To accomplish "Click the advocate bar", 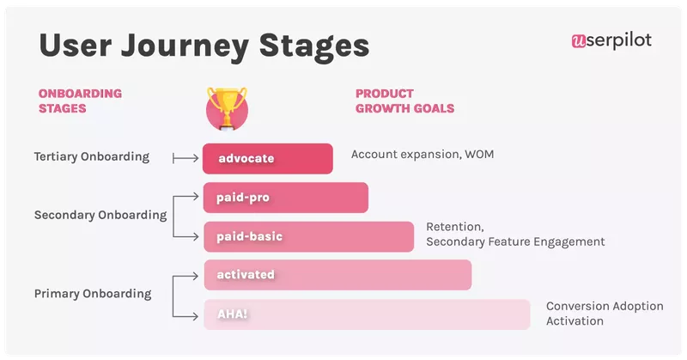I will (x=268, y=158).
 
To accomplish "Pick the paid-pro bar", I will (x=285, y=198).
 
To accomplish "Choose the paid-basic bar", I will (x=308, y=236).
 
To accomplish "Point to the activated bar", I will (x=337, y=275).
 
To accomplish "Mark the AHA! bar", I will (x=366, y=314).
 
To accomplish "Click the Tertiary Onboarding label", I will (x=91, y=157).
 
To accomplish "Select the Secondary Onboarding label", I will (x=100, y=216).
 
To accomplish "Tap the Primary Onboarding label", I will (x=92, y=294).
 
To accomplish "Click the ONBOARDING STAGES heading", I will (x=80, y=101).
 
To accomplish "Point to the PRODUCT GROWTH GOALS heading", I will (x=404, y=101).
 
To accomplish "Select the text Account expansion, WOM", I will (x=423, y=155).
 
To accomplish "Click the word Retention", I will (x=455, y=227).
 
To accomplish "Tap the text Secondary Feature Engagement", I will (x=514, y=242).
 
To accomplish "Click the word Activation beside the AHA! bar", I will (x=575, y=321).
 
